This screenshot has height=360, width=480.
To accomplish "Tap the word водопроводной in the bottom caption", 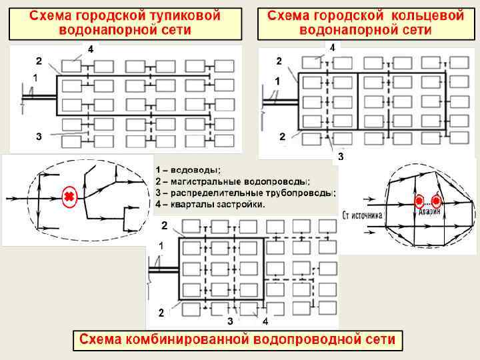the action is pos(310,340).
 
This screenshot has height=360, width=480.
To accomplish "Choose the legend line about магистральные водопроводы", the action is pos(233,181).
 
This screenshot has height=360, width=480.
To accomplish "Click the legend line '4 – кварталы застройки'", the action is pos(210,204).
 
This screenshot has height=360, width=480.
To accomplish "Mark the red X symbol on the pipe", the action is pos(69,197).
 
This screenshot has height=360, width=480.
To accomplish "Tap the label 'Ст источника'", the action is pos(363,215).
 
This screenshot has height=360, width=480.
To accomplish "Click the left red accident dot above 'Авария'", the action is pos(419,201).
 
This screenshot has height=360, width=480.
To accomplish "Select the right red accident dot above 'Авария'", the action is pos(436,201).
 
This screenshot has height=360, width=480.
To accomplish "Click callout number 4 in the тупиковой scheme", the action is pos(91,49).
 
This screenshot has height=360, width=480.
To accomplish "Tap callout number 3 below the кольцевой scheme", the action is pos(340,157).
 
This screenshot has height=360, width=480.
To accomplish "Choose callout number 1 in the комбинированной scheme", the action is pos(161,245).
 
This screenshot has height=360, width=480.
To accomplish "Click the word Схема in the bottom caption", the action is pos(100,340).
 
